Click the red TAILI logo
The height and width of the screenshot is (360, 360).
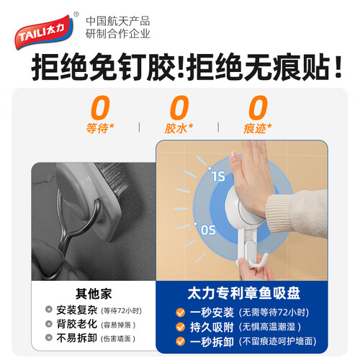tap(44, 32)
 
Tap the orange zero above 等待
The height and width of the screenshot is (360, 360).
tap(100, 107)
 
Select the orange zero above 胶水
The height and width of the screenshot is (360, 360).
tap(179, 107)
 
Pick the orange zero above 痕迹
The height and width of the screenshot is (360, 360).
tap(258, 107)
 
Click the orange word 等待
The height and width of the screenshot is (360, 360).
tap(97, 128)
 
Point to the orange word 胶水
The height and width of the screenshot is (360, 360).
tap(176, 128)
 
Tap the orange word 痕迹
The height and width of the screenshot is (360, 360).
tap(255, 128)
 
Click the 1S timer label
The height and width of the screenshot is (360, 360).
tap(218, 176)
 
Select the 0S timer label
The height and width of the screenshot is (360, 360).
tap(208, 230)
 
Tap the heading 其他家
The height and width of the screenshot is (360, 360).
tap(94, 294)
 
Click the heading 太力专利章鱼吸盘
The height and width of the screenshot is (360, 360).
tap(244, 293)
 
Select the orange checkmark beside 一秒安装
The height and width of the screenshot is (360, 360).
tap(180, 312)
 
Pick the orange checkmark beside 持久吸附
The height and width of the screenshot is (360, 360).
tap(180, 327)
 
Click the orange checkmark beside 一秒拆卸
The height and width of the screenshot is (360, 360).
tap(180, 341)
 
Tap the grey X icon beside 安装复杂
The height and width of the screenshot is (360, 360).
tap(49, 310)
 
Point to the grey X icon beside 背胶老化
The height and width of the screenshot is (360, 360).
tap(49, 324)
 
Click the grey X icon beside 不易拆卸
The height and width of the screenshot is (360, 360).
tap(49, 338)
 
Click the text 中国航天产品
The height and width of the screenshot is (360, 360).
tap(118, 21)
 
